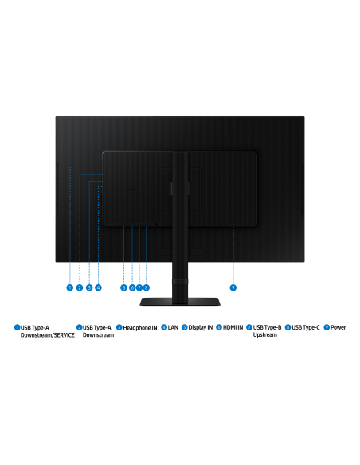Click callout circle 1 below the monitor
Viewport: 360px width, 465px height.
click(x=69, y=287)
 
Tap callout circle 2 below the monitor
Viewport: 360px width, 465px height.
click(x=79, y=287)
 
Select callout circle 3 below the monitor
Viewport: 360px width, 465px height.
click(x=89, y=287)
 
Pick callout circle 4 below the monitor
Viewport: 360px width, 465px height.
click(x=98, y=287)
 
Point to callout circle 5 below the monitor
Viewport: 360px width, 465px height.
click(x=123, y=287)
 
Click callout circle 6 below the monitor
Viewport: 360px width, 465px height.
click(x=132, y=287)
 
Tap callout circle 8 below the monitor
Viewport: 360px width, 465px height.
click(x=147, y=287)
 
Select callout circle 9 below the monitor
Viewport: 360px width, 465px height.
click(x=233, y=287)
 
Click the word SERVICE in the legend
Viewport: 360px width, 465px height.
click(x=62, y=335)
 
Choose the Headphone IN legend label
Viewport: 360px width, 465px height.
click(x=140, y=328)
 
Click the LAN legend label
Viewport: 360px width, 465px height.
click(x=173, y=327)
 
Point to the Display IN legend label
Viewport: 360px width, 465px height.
click(x=201, y=327)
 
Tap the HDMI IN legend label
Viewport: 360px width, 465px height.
click(x=233, y=327)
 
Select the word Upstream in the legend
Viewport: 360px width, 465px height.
click(x=264, y=334)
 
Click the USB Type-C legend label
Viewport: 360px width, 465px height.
click(x=305, y=327)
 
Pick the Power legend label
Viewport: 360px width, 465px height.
click(x=338, y=327)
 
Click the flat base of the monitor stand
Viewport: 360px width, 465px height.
click(x=180, y=302)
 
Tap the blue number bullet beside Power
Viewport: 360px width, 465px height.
click(x=327, y=327)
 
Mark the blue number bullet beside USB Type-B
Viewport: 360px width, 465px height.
click(x=249, y=327)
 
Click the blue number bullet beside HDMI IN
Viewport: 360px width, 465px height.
click(x=219, y=327)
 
